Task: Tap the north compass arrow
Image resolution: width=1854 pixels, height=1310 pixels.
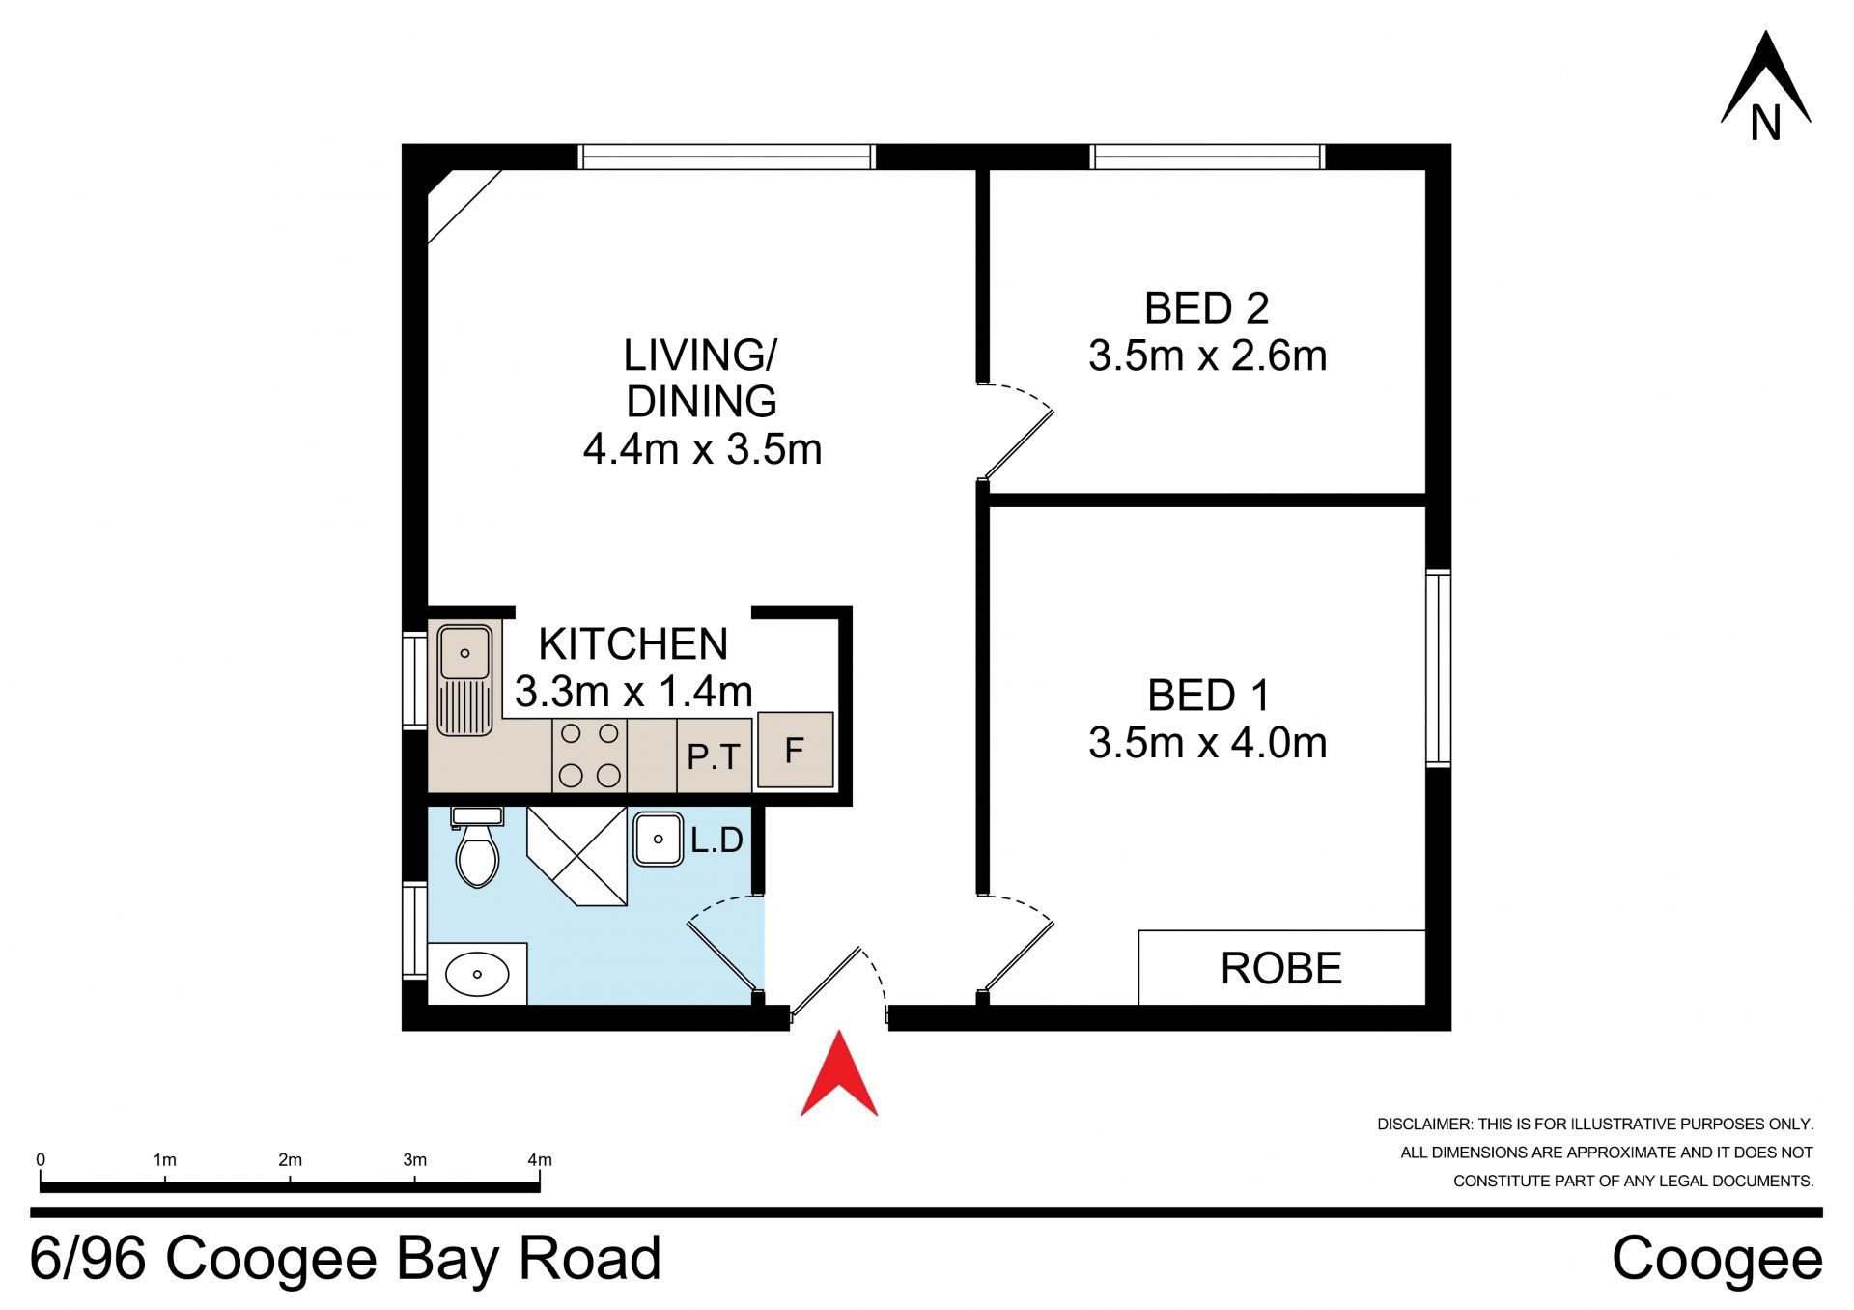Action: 1765,77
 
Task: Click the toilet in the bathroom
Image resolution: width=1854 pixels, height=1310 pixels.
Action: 477,847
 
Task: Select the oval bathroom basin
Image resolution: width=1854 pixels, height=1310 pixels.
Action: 477,974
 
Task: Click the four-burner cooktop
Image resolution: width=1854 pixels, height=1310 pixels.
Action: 590,755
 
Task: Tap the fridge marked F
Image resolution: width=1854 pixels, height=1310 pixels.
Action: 795,750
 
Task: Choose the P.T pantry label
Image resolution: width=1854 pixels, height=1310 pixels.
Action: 714,757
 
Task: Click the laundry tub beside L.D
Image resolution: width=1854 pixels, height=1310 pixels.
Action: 659,839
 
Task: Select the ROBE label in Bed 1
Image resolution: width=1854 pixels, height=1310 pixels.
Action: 1281,968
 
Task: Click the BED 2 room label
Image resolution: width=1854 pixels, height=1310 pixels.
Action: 1206,308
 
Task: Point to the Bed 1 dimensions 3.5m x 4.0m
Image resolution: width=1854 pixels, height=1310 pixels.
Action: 1207,743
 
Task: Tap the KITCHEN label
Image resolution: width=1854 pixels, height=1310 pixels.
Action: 632,643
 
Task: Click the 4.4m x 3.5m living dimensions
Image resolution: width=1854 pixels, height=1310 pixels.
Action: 702,449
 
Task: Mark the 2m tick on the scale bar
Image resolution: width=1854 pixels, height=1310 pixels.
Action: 290,1175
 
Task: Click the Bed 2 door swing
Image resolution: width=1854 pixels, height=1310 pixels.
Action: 1017,431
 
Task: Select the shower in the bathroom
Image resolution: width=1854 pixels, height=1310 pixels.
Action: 577,856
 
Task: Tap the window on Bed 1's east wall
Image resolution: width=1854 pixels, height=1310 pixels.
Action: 1439,669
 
